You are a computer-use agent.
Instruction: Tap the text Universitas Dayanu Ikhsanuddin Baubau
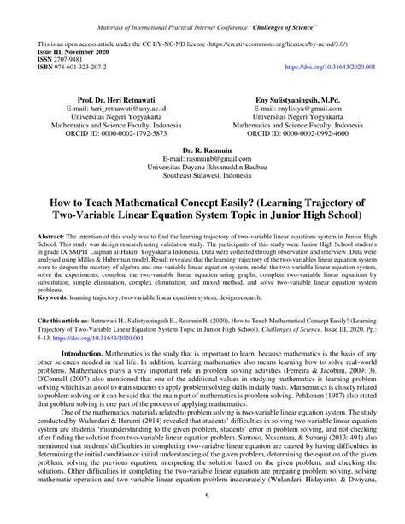pyautogui.click(x=202, y=168)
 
